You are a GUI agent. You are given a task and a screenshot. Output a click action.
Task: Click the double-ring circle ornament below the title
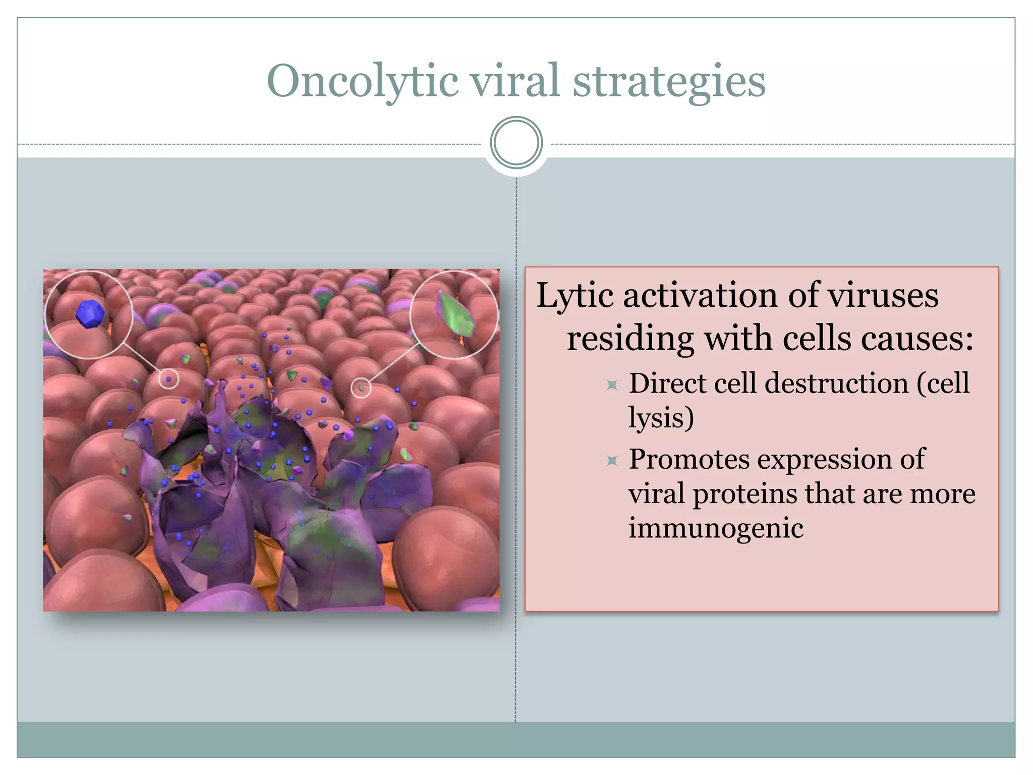[516, 143]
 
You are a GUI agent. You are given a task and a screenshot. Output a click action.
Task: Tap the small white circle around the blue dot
[168, 379]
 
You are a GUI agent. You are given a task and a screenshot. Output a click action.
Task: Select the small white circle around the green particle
[361, 387]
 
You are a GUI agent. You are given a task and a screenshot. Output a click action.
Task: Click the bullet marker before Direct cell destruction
[612, 385]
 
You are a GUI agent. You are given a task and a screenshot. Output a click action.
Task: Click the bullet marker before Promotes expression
[612, 460]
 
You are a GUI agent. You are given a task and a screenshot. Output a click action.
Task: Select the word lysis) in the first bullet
[661, 418]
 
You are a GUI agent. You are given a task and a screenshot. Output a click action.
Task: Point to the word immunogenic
[716, 528]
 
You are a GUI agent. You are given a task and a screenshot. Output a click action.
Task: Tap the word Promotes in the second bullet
[689, 460]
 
